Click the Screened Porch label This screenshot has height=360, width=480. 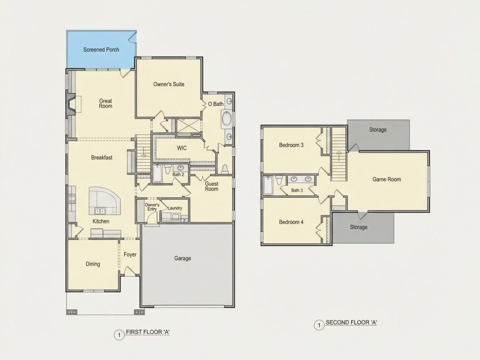pyautogui.click(x=101, y=50)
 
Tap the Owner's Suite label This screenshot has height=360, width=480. pyautogui.click(x=169, y=84)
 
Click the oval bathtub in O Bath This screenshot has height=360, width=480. pyautogui.click(x=226, y=119)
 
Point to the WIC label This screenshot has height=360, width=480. pyautogui.click(x=182, y=148)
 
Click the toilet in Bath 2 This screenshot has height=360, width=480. pyautogui.click(x=168, y=169)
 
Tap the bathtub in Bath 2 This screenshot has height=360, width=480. pyautogui.click(x=158, y=173)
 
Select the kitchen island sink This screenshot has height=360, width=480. pyautogui.click(x=99, y=211)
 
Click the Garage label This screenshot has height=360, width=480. pyautogui.click(x=183, y=258)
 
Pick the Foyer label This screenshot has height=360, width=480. pyautogui.click(x=130, y=254)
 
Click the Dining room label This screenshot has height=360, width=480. pyautogui.click(x=93, y=264)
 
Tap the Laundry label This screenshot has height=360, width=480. pyautogui.click(x=175, y=208)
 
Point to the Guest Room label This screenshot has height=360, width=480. pyautogui.click(x=212, y=186)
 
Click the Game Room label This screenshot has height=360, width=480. pyautogui.click(x=387, y=179)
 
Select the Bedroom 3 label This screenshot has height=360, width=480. pyautogui.click(x=291, y=145)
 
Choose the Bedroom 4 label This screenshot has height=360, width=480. pyautogui.click(x=291, y=222)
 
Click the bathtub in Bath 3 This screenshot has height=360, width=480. pyautogui.click(x=268, y=185)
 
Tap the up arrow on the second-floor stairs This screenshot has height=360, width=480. pyautogui.click(x=339, y=157)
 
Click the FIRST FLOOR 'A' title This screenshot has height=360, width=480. pyautogui.click(x=148, y=332)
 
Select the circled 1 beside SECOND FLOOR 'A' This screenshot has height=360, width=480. pyautogui.click(x=319, y=325)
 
